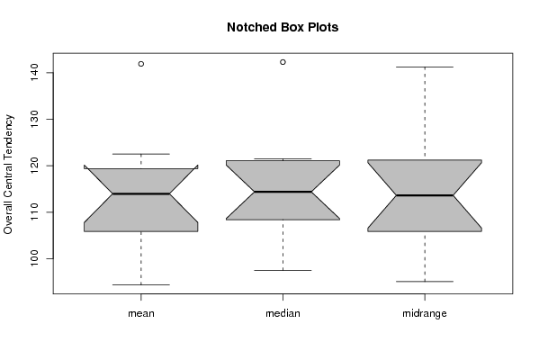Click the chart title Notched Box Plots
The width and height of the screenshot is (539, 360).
(x=283, y=27)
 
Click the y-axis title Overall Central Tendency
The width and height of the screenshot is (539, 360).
(x=8, y=175)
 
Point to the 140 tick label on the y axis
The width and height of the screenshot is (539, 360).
(x=35, y=73)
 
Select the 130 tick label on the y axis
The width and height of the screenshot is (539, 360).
(x=35, y=119)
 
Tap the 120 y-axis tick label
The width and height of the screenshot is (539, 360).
(x=35, y=166)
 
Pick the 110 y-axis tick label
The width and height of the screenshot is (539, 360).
(x=35, y=211)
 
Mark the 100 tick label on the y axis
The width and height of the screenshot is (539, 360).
(x=35, y=258)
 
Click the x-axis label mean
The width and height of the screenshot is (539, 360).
(x=141, y=313)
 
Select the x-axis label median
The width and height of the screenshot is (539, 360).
(x=283, y=313)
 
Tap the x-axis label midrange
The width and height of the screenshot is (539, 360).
(x=425, y=313)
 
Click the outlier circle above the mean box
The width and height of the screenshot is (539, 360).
(x=141, y=64)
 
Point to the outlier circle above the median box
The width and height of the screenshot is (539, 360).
(x=283, y=62)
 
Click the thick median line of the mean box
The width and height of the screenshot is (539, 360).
(x=141, y=193)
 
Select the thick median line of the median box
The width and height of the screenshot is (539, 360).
(x=283, y=192)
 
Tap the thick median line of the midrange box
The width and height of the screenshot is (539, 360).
(x=425, y=195)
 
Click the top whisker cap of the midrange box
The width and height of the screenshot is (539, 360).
(x=425, y=67)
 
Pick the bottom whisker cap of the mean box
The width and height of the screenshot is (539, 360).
(x=141, y=284)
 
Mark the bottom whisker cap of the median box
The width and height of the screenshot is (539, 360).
(x=283, y=270)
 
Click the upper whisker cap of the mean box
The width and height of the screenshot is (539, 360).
(x=141, y=154)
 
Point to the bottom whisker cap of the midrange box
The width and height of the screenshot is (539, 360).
(x=425, y=282)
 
